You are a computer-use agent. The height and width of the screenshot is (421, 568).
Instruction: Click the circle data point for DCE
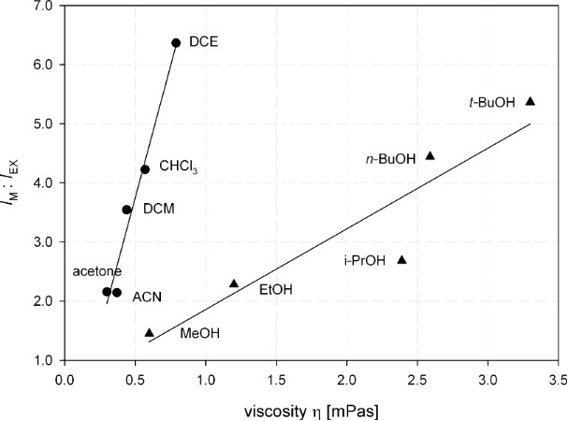176,43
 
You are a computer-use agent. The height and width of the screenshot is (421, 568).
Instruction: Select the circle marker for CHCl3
145,169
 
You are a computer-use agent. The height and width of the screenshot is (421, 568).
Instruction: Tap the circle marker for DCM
127,210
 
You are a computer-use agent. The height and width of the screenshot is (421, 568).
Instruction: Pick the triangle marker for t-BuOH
530,101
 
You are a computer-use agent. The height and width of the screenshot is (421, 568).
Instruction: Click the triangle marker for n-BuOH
430,155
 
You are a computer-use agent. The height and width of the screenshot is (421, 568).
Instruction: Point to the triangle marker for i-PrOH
402,259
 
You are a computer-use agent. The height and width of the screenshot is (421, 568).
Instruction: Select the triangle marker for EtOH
234,283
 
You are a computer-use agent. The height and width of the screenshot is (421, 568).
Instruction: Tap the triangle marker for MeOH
150,332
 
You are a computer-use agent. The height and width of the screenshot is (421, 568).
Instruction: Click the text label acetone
97,271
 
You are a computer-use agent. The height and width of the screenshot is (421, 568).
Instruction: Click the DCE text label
204,42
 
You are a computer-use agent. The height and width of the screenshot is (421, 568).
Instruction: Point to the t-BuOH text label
492,103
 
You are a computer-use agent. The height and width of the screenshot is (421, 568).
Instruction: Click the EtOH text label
276,290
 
